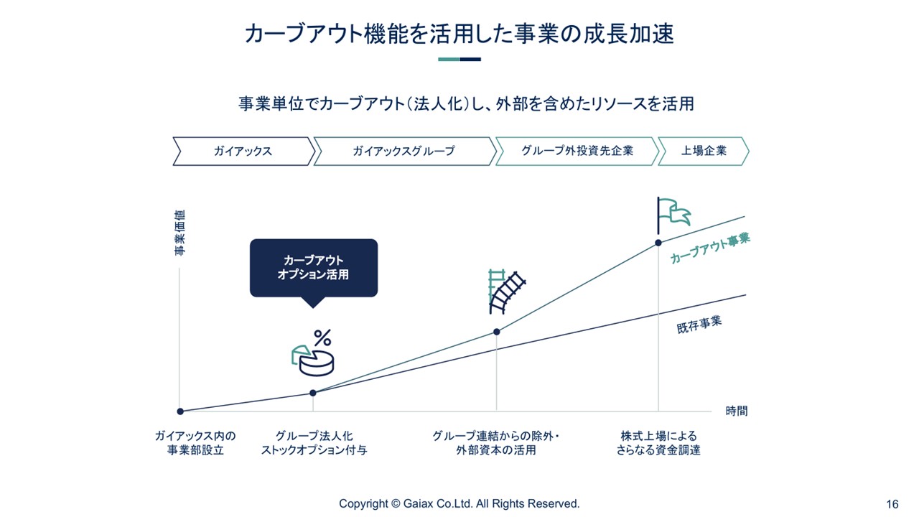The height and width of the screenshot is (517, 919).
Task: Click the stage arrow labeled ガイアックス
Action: point(243,152)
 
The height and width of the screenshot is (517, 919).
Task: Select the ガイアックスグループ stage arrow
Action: point(404,152)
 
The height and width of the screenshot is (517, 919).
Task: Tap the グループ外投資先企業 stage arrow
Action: point(577,152)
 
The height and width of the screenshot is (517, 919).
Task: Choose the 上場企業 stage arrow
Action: point(704,152)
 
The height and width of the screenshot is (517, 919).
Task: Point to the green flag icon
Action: point(674,215)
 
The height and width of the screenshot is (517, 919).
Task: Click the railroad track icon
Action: point(507,292)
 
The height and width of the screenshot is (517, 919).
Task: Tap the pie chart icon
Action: point(312,360)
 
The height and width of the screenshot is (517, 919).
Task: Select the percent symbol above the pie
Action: point(322,338)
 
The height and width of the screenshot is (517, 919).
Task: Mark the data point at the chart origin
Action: point(180,411)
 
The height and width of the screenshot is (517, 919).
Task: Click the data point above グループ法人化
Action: point(312,393)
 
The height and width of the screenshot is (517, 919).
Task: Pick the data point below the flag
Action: point(658,243)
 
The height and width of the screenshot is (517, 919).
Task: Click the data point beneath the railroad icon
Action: point(496,332)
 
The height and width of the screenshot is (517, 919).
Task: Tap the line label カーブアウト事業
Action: point(710,248)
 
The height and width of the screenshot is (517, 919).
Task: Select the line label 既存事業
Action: point(699,325)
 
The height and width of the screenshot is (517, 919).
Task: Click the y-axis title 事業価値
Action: point(179,233)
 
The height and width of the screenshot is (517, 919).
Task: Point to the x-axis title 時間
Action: point(737,411)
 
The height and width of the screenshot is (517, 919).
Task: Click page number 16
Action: point(892,504)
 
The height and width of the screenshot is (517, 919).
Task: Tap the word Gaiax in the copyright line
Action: point(418,503)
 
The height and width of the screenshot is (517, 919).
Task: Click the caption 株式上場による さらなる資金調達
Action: point(658,443)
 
